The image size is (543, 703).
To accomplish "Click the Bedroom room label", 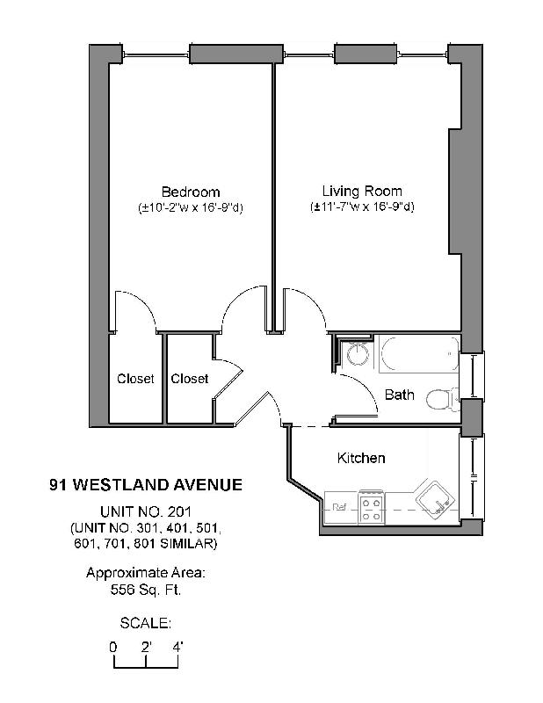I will click(190, 192).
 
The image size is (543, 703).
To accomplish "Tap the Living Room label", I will click(362, 191).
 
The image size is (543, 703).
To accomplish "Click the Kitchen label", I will click(361, 458).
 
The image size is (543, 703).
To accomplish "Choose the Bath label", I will click(399, 395).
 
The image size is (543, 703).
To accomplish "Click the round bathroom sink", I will click(357, 355).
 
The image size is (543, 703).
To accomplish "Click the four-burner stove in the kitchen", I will click(371, 507).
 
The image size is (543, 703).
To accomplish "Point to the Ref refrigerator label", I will click(339, 507).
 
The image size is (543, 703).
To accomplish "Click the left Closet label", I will click(135, 379).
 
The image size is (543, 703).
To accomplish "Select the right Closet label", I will click(190, 379).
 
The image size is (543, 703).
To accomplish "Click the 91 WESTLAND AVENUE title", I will click(146, 484).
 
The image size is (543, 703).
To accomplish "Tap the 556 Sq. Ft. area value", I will click(146, 590).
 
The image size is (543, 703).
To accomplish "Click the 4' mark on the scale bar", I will click(178, 647).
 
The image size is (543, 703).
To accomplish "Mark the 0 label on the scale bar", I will click(113, 647).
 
